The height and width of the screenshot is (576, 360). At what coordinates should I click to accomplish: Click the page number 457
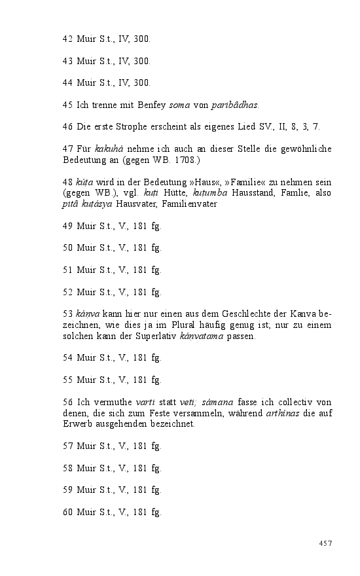(x=325, y=543)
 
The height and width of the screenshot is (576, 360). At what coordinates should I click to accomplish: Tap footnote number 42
(x=68, y=39)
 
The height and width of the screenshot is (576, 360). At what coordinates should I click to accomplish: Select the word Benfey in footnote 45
(x=152, y=105)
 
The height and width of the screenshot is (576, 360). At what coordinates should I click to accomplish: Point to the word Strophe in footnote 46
(x=130, y=126)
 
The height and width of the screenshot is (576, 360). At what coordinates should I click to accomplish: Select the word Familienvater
(x=189, y=204)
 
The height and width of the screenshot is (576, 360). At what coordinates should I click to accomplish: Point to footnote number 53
(x=68, y=314)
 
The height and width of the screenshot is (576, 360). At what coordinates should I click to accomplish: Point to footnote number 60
(x=68, y=512)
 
